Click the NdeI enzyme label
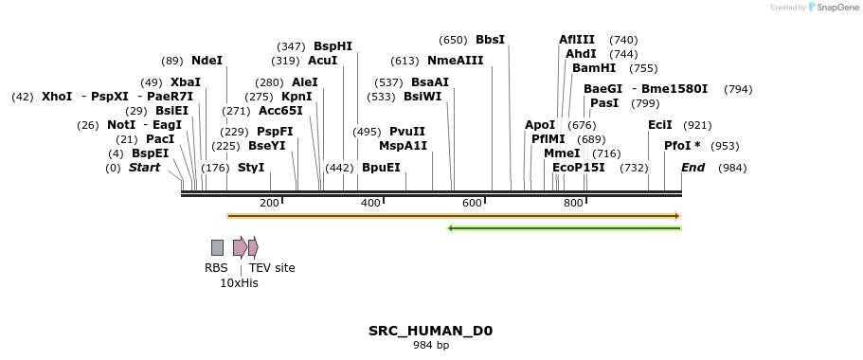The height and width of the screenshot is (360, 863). [207, 61]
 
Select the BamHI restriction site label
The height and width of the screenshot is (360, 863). [594, 68]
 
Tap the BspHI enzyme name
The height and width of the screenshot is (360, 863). [333, 46]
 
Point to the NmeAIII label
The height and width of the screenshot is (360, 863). [455, 61]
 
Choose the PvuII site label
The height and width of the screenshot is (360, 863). [407, 132]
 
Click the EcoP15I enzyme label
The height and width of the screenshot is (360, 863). [578, 168]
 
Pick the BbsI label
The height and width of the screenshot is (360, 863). [490, 40]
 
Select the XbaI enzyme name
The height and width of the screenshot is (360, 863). [186, 82]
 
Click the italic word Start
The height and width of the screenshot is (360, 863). [144, 168]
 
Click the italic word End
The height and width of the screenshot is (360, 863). [692, 168]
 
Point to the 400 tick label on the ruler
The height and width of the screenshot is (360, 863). [370, 203]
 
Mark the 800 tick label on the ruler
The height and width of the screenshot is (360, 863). [573, 203]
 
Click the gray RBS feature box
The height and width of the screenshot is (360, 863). [217, 247]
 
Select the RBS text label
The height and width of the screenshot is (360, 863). [216, 268]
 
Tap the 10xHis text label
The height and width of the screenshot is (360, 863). [239, 282]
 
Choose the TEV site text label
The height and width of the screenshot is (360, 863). [272, 268]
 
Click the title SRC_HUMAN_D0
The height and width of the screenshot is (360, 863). [430, 331]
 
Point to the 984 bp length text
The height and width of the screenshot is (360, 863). [430, 346]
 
